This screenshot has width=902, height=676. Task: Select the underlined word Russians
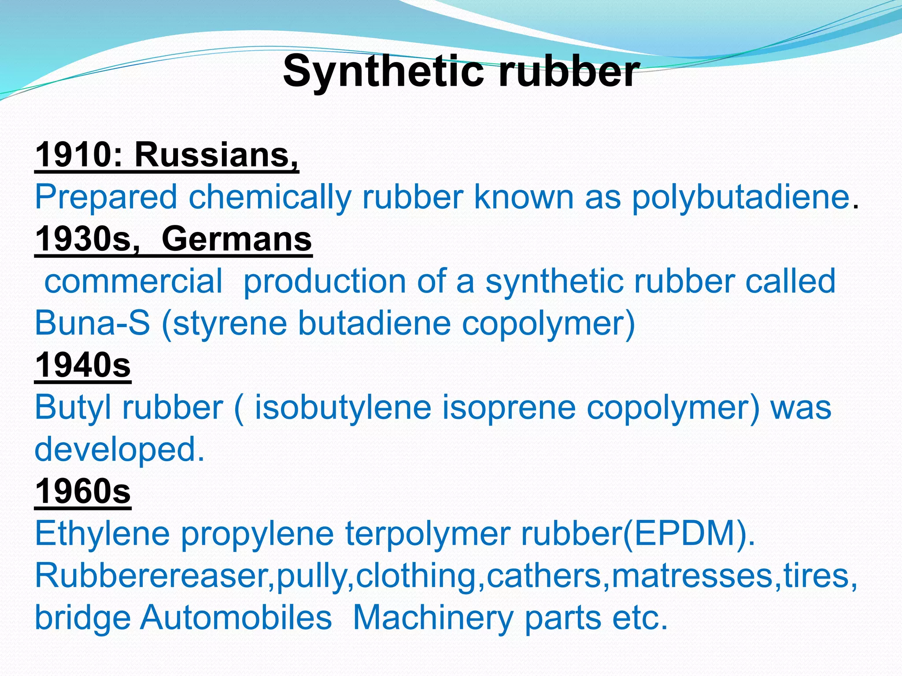pyautogui.click(x=216, y=155)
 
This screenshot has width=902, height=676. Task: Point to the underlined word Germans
pyautogui.click(x=237, y=239)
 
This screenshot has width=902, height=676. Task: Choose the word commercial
pyautogui.click(x=133, y=281)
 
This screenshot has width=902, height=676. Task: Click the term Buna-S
pyautogui.click(x=92, y=323)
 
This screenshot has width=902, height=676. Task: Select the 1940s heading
pyautogui.click(x=83, y=365)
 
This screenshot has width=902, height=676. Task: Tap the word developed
pyautogui.click(x=119, y=449)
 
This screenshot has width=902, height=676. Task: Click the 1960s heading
pyautogui.click(x=83, y=491)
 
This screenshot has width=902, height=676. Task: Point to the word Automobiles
pyautogui.click(x=236, y=617)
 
